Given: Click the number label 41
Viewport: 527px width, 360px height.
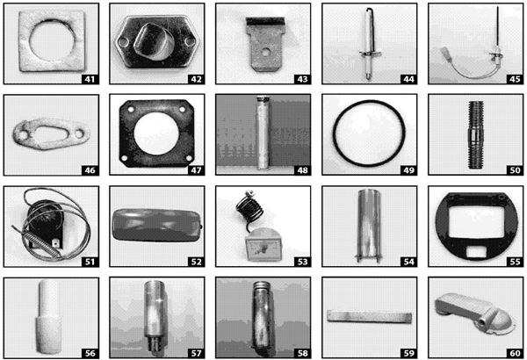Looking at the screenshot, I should (x=88, y=79).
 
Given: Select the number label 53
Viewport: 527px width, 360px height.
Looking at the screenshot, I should (x=299, y=261).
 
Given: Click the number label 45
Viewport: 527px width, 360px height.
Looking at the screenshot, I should (x=509, y=79).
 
